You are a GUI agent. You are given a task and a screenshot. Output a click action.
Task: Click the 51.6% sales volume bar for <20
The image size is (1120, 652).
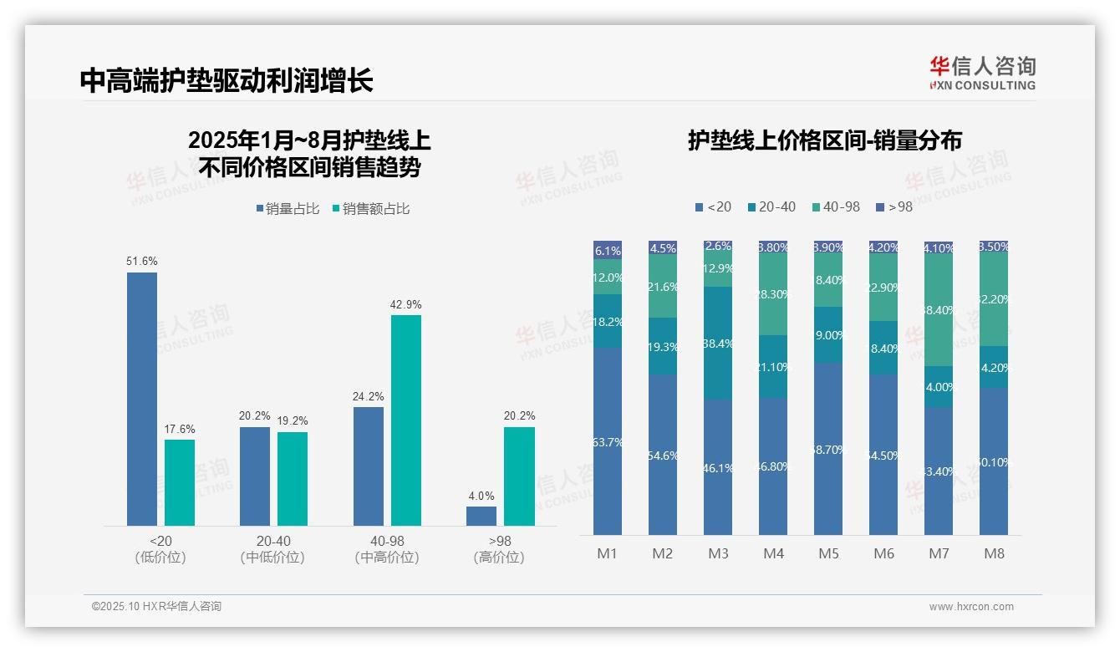[141, 399]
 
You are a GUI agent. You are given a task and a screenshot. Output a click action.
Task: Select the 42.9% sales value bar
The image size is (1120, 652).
[406, 420]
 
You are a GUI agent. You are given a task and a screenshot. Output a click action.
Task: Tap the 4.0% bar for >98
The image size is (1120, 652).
[481, 516]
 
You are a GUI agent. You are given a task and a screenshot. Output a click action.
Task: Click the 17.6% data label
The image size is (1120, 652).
[180, 430]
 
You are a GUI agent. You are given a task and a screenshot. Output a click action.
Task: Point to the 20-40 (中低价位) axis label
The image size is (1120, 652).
[272, 549]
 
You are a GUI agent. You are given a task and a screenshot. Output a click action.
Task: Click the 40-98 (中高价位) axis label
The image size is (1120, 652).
[387, 549]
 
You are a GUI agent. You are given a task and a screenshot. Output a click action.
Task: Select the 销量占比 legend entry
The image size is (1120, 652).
[287, 209]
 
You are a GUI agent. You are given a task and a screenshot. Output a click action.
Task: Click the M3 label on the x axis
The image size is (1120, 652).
[718, 553]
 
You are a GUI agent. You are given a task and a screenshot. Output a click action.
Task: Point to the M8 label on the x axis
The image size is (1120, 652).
[994, 553]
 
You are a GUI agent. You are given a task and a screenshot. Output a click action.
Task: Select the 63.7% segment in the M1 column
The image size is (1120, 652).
[608, 441]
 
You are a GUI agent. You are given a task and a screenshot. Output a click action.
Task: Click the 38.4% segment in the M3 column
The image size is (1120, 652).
[718, 343]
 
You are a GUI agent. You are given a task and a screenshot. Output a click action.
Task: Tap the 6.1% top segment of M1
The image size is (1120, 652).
[608, 250]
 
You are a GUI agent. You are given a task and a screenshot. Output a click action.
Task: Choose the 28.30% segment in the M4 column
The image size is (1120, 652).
[773, 294]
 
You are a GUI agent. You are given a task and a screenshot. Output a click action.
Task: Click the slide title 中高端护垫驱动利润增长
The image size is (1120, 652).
[227, 80]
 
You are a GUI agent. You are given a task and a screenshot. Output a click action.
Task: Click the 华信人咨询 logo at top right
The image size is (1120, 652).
[982, 73]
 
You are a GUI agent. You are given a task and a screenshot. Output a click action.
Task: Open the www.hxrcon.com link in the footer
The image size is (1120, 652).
[971, 607]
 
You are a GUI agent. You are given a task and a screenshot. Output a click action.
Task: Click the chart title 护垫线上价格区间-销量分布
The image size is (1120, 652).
[825, 140]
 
